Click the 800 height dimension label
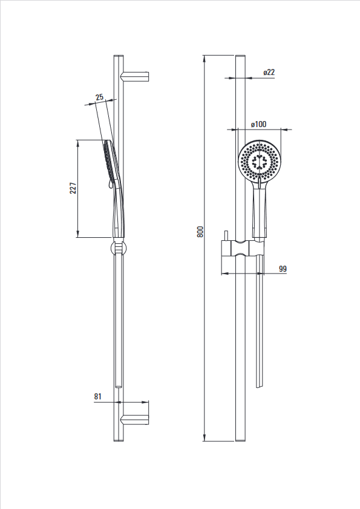coord(200,231)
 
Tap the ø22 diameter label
coord(269,72)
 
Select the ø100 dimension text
coord(259,124)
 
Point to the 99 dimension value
coord(283,269)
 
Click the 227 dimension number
coord(73,188)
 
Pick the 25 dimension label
coord(99,97)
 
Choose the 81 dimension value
coord(97,396)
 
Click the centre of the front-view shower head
coord(260,160)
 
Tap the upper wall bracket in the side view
coord(135,76)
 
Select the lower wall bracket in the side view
coord(135,419)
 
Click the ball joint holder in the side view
coord(119,248)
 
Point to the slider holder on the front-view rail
coord(243,249)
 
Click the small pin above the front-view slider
coord(226,236)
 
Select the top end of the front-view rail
coord(240,56)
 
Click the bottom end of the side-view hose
coord(119,387)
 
